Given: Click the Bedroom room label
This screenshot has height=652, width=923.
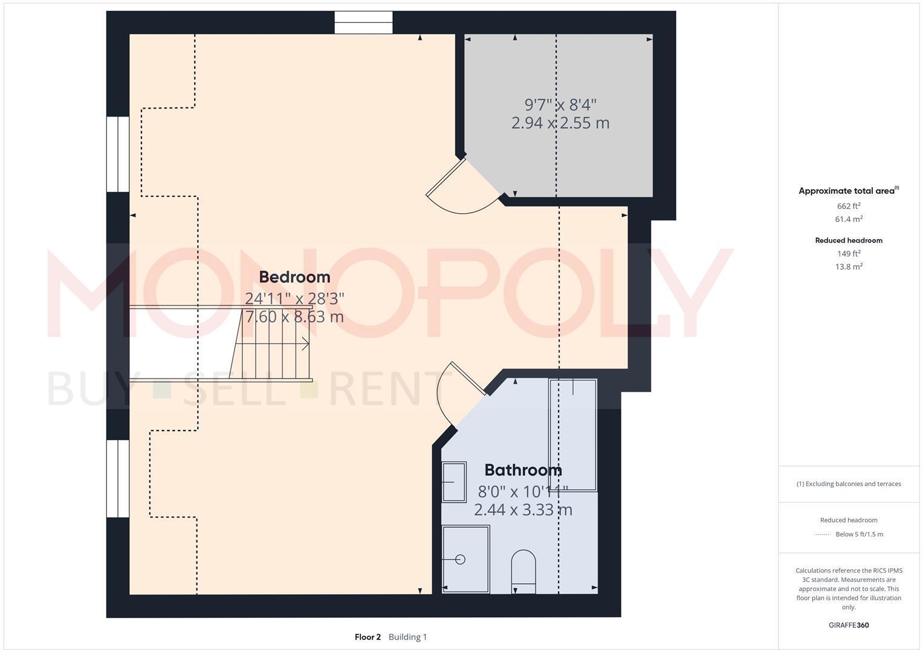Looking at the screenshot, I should coord(294,277).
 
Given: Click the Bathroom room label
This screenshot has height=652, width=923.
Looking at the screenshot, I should coord(523,470).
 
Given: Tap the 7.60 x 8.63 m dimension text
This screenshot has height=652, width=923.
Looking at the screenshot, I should coord(294,316).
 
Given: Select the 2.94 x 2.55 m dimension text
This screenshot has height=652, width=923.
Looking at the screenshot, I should coord(560,123).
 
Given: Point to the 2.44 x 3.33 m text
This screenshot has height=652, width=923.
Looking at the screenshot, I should coord(523,510).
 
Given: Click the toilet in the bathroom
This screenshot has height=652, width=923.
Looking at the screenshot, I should coord(523,571).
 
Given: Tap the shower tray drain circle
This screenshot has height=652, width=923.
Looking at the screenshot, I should coord(461,560).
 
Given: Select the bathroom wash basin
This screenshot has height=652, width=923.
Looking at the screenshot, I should coord(454,482).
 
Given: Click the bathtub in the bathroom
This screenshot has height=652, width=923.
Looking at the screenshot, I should coord(572,435).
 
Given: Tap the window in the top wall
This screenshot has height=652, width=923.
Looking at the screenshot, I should coord(363,23).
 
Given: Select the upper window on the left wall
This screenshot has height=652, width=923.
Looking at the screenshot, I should coord(118,154).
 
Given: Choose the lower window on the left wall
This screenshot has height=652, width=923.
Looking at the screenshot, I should coord(118,478).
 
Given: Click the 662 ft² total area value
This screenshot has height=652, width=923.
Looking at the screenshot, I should coord(849,206).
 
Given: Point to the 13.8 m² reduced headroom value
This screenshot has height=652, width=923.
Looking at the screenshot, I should coord(849,266).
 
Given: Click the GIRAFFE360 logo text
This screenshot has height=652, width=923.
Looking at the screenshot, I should coord(849,625).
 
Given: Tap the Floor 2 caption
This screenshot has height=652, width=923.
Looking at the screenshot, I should coord(368,637).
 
